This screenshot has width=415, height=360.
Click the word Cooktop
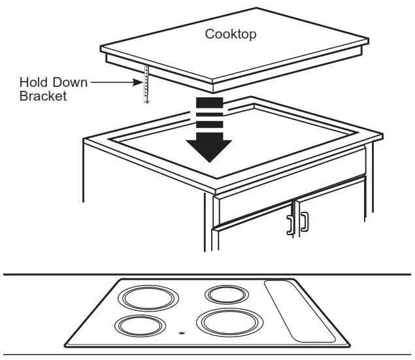(x=231, y=34)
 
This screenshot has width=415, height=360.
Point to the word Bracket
(x=43, y=96)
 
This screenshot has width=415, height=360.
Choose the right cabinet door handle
(x=305, y=221)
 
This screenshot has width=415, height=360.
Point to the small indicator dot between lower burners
(x=180, y=332)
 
